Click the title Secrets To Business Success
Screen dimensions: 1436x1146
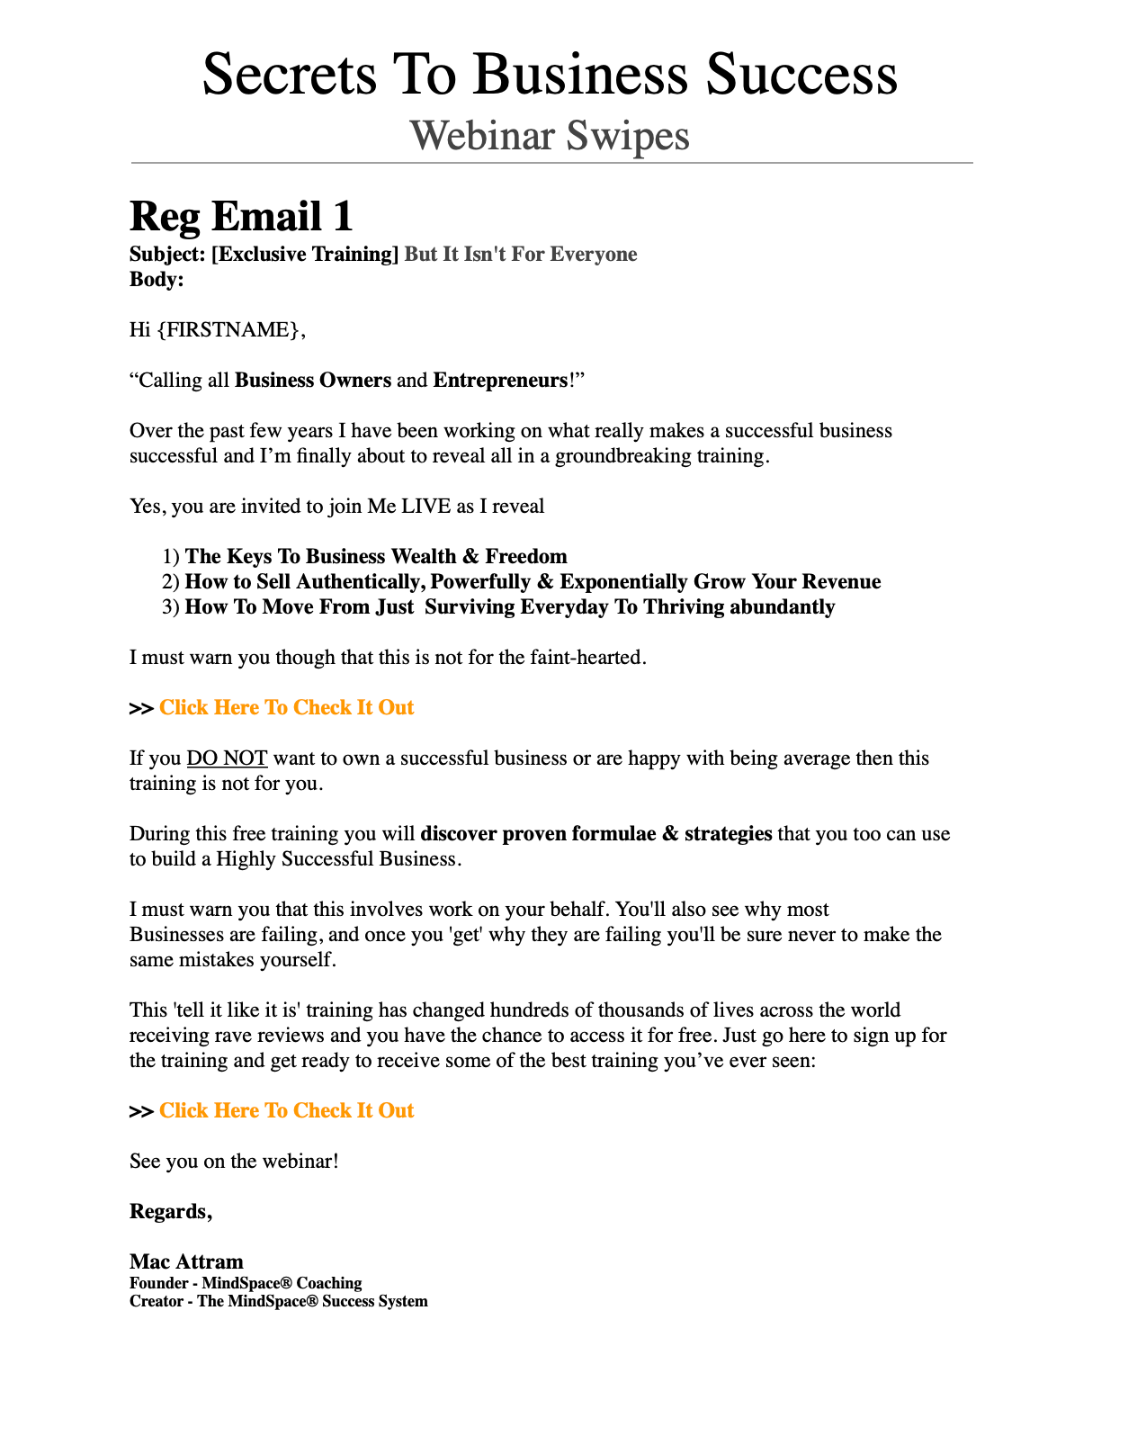pos(550,74)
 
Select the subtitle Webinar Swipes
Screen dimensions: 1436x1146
pos(550,136)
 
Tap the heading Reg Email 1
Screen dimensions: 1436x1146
pos(241,217)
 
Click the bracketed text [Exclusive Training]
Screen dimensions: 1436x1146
pos(305,255)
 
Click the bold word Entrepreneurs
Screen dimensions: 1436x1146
pos(500,381)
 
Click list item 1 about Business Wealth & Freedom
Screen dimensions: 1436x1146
pos(375,557)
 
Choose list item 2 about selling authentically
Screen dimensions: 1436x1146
pos(532,582)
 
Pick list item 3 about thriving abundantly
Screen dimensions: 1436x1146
pos(509,607)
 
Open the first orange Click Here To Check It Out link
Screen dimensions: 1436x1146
pos(286,708)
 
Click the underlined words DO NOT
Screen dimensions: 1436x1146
pos(227,758)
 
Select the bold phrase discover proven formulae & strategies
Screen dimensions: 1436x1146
pos(595,834)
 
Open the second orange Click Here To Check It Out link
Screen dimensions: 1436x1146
pos(286,1111)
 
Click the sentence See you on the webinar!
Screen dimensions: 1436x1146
pos(234,1162)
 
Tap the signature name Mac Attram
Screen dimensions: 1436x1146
pos(186,1261)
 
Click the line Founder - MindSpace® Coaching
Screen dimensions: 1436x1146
pos(246,1284)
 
